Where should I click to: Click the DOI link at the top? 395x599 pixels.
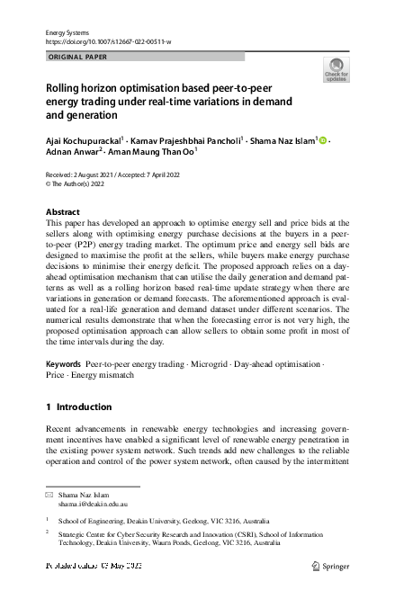[108, 41]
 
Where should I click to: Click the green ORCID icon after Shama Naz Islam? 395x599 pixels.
[321, 140]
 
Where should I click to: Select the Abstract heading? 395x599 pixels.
[62, 212]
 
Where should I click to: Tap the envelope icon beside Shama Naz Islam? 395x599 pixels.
[49, 496]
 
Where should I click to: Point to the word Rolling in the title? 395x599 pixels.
[64, 89]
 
